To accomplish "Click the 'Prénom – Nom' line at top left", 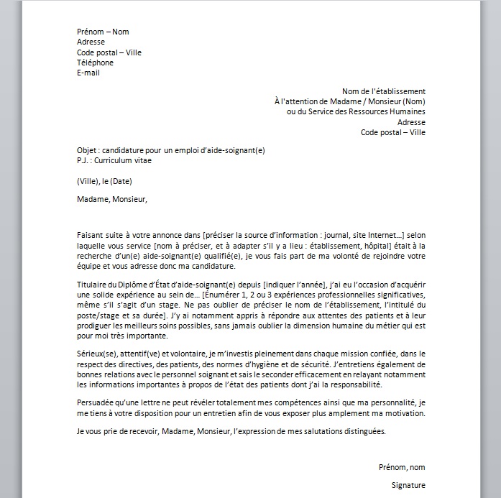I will pos(103,32).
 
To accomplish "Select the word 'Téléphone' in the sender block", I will pos(95,63).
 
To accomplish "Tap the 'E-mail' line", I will pos(89,73).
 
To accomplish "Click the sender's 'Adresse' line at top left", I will pos(91,42).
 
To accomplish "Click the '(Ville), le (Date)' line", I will pos(104,180).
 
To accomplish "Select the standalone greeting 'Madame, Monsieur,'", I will pos(111,199).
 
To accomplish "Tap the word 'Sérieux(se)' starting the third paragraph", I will pos(97,354).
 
